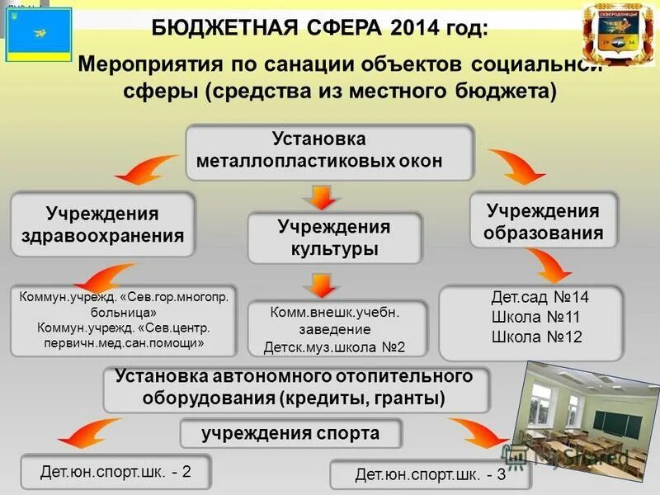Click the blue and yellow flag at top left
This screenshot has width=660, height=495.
pos(38,35)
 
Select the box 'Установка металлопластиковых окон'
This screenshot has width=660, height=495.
pos(329,151)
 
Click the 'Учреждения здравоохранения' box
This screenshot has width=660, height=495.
pos(102,224)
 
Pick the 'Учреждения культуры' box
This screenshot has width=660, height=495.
pos(334,237)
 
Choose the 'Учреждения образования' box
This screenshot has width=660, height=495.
pos(543,221)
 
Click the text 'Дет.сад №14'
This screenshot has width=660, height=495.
pos(540,297)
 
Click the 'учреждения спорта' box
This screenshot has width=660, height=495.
pos(291,433)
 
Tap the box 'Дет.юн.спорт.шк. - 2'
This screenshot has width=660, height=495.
pos(115,472)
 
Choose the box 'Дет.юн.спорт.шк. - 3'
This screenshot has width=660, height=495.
pos(430,475)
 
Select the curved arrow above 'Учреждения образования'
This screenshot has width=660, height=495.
pos(517,165)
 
